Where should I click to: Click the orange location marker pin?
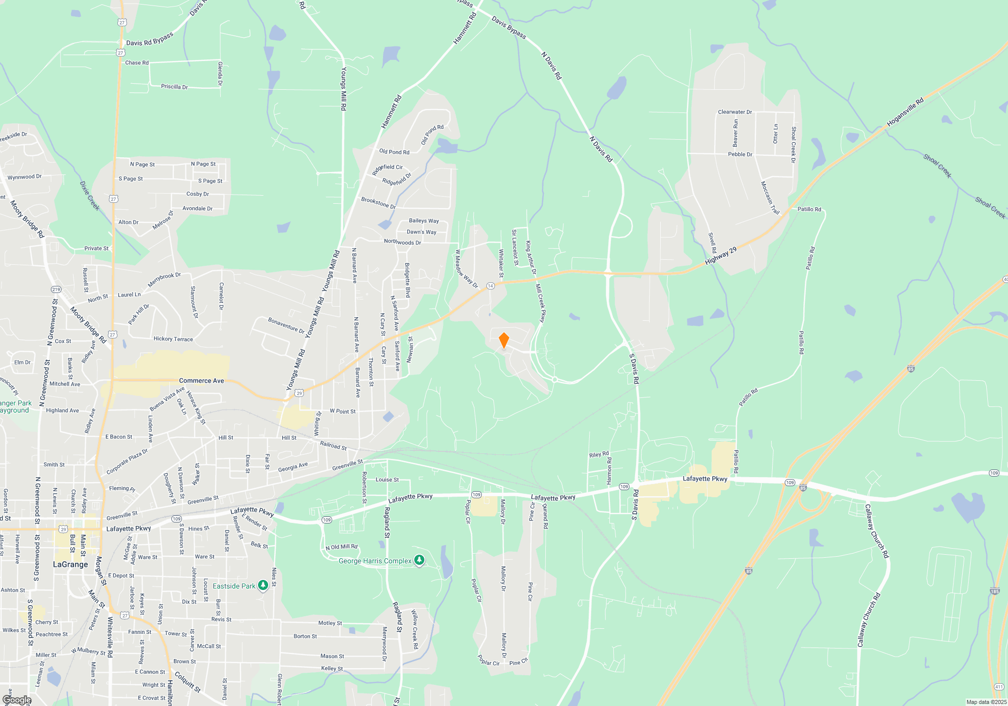(503, 340)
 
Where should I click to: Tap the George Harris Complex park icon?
(419, 560)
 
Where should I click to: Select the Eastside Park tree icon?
(263, 585)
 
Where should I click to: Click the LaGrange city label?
(71, 564)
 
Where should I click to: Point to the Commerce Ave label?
(201, 381)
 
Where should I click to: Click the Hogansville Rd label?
(905, 112)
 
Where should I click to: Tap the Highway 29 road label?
(721, 256)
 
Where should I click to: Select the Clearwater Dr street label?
(734, 112)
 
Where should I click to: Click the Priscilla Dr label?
(174, 87)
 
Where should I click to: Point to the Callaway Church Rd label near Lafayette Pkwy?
(876, 531)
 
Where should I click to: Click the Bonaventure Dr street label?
(286, 325)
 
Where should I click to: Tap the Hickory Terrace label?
(173, 339)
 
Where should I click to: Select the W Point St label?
(342, 411)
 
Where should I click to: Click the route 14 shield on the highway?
(490, 286)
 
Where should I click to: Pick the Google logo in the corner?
(17, 700)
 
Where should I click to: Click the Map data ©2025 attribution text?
(986, 702)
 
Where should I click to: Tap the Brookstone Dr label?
(378, 203)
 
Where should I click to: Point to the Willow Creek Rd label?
(414, 629)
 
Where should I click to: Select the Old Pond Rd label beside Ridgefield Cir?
(394, 152)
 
